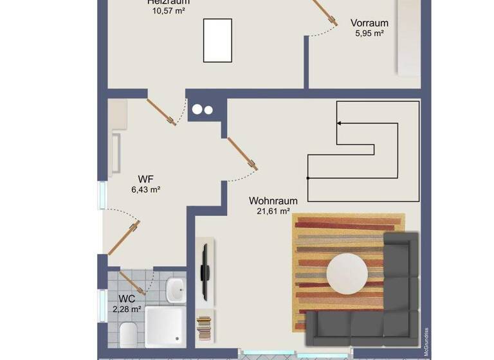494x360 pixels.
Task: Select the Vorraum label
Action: pos(369,23)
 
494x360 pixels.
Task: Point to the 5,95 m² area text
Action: pos(369,33)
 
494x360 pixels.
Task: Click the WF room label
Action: pos(146,179)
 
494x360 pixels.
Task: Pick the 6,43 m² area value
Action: pos(146,190)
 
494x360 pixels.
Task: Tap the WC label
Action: pos(127,299)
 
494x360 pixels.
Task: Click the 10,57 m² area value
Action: pos(169,11)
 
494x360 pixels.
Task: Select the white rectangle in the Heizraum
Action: pos(217,40)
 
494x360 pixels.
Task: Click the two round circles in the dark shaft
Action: pos(202,109)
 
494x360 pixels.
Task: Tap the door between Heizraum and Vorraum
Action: pos(325,13)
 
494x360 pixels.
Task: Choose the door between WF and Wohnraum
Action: pos(243,154)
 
